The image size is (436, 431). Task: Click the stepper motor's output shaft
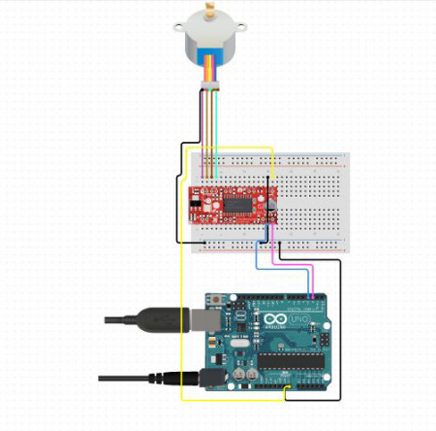point(206,14)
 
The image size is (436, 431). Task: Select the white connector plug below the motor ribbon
point(210,89)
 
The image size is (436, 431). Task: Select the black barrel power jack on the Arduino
point(216,377)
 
